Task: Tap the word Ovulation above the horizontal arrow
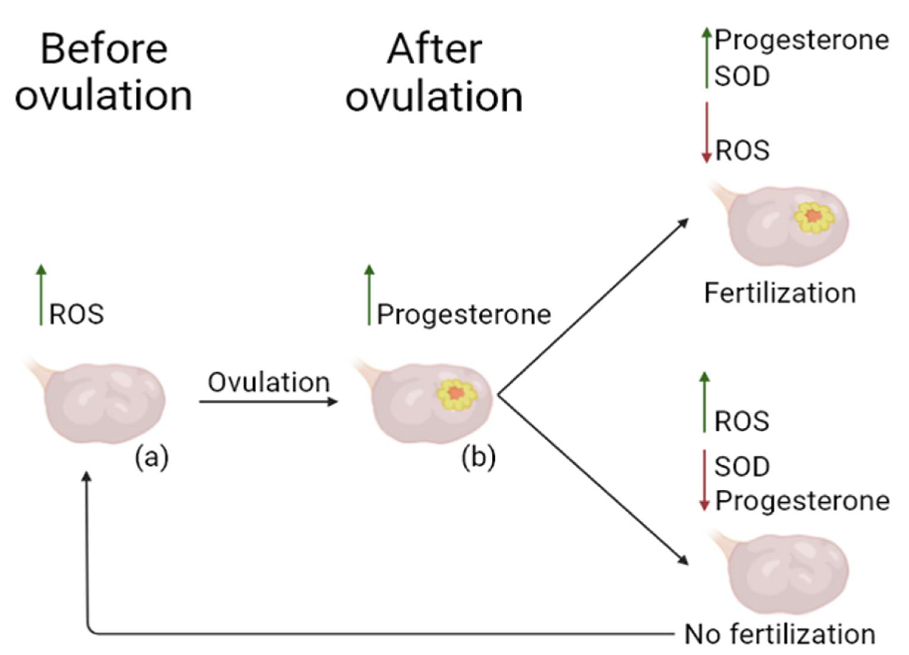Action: pyautogui.click(x=269, y=382)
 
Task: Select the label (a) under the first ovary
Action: pyautogui.click(x=151, y=457)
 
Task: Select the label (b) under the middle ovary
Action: pyautogui.click(x=479, y=457)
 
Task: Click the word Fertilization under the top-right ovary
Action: pyautogui.click(x=780, y=293)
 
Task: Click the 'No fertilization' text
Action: pyautogui.click(x=780, y=634)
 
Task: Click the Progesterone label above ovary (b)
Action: pyautogui.click(x=464, y=315)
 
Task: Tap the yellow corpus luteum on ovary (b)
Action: pyautogui.click(x=457, y=395)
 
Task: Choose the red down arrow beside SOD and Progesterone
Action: pyautogui.click(x=704, y=481)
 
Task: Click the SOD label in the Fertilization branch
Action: pyautogui.click(x=742, y=76)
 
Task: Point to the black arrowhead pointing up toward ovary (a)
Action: pyautogui.click(x=86, y=477)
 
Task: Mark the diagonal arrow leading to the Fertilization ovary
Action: pyautogui.click(x=593, y=307)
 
